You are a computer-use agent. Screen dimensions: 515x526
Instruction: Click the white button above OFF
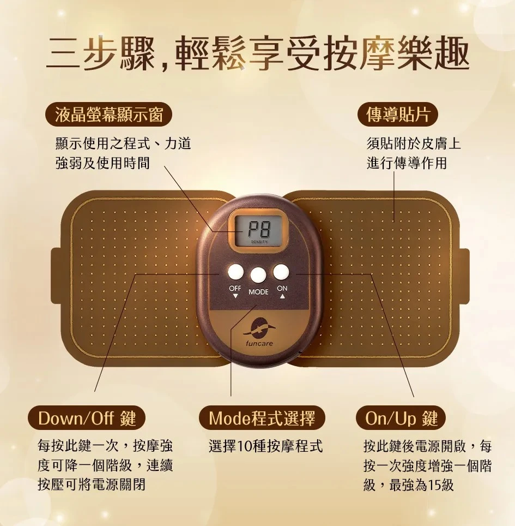pos(235,272)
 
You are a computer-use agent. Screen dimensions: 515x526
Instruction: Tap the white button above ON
pos(281,272)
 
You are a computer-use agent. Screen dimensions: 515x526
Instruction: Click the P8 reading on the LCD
pos(259,230)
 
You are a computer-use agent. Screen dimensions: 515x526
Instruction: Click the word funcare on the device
pos(259,344)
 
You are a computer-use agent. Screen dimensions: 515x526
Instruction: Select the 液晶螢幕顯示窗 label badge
pos(108,115)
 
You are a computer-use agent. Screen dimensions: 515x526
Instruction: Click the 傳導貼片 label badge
pos(398,115)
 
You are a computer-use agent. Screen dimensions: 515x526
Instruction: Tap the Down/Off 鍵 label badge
pos(87,418)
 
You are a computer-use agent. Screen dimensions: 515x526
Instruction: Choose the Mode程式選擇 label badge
pos(262,418)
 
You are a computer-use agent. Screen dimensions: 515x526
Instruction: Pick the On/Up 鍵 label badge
pos(401,418)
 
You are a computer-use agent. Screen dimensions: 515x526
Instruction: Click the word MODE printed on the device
pos(258,292)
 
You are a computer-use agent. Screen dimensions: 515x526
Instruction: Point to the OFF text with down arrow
pos(235,291)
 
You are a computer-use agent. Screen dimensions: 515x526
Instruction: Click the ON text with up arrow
pos(282,291)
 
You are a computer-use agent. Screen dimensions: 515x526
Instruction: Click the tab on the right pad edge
pos(463,276)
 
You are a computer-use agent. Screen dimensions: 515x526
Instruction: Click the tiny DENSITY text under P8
pos(258,242)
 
